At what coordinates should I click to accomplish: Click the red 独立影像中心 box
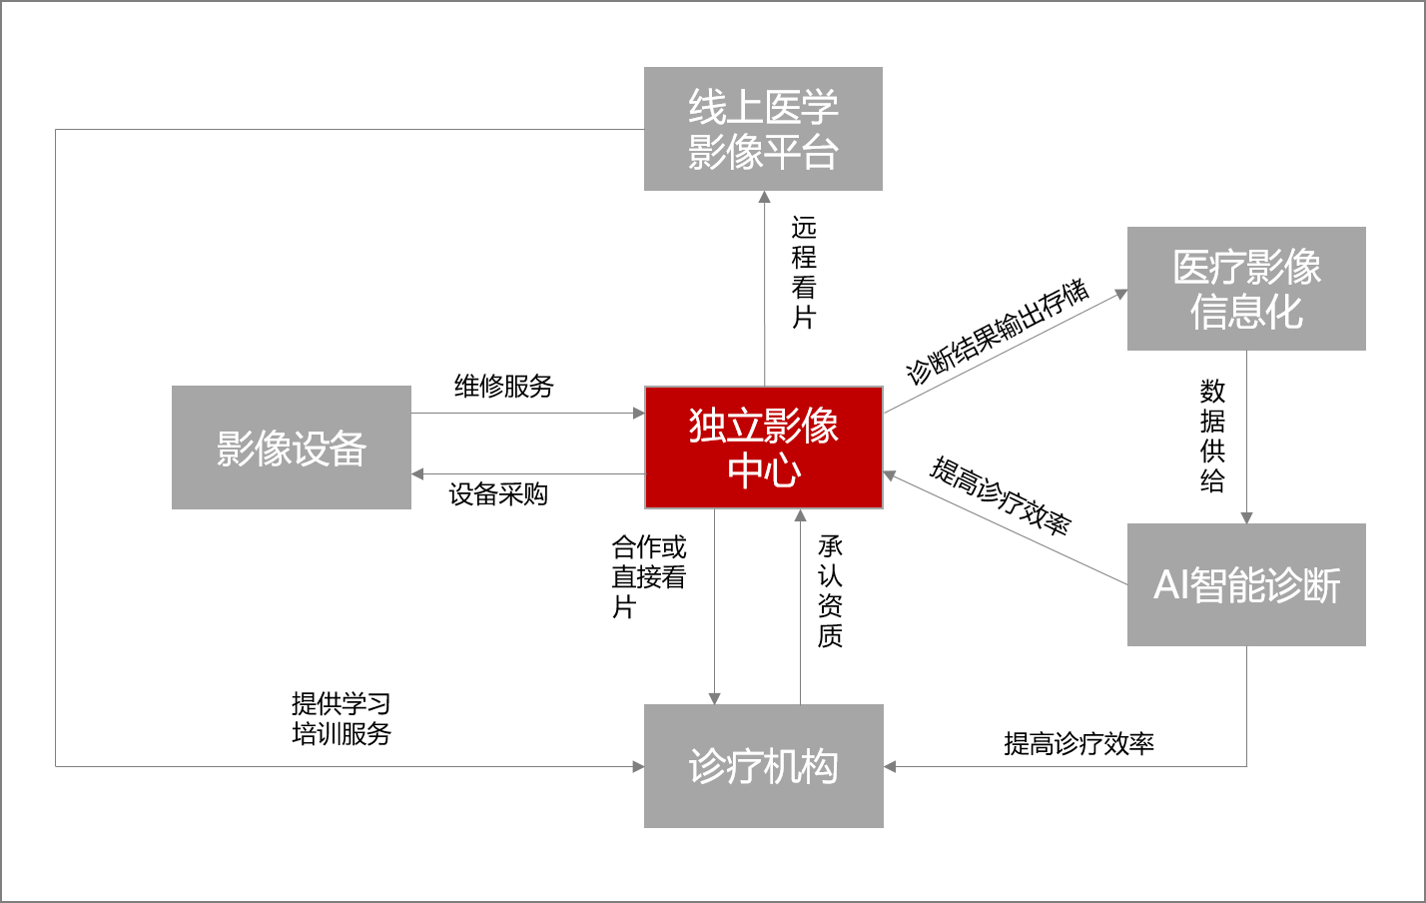click(764, 448)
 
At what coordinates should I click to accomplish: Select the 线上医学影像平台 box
click(763, 129)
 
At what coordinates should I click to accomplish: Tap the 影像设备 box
click(292, 448)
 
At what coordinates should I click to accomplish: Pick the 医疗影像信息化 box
click(1246, 289)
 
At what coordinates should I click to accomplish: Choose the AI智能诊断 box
click(1246, 584)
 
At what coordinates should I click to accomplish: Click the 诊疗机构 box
click(764, 766)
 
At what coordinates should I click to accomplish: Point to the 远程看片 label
click(808, 272)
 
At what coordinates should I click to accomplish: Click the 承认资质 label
click(834, 590)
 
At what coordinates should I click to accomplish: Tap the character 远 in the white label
click(805, 228)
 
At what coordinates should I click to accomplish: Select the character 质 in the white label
click(831, 635)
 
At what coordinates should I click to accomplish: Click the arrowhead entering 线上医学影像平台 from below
click(765, 197)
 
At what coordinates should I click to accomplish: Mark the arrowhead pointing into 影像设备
click(417, 473)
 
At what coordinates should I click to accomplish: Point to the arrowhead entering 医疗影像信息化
click(1120, 295)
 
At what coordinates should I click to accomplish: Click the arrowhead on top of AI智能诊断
click(1246, 517)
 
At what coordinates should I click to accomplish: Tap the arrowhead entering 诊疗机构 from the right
click(890, 766)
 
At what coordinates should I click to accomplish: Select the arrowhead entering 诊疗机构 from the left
click(638, 766)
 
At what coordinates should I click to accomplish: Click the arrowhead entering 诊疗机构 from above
click(714, 698)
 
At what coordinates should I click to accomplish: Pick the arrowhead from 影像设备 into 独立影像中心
click(638, 413)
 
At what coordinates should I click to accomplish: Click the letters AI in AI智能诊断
click(1171, 585)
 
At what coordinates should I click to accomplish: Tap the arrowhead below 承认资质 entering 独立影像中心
click(800, 515)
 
